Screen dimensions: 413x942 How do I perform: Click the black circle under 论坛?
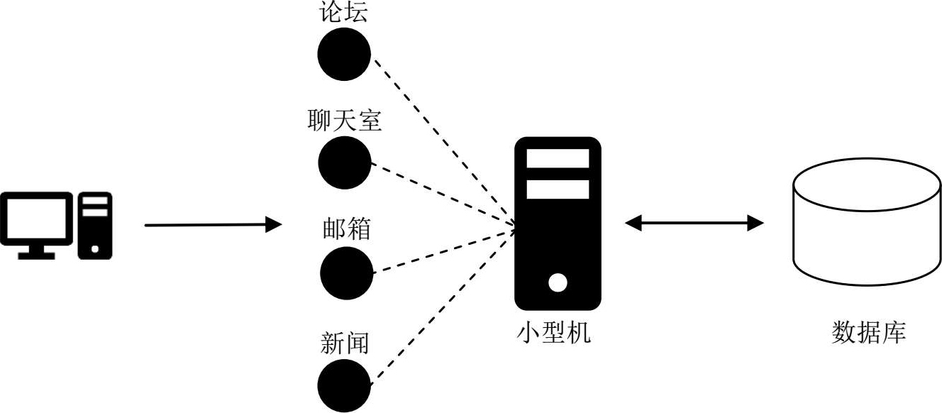pos(344,55)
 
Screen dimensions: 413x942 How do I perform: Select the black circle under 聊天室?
pos(345,164)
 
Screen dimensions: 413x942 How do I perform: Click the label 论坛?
pos(344,12)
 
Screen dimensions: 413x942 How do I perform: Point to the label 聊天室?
pos(345,121)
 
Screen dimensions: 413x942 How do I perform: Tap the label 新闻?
pos(345,343)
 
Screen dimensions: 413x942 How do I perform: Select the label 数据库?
pos(868,332)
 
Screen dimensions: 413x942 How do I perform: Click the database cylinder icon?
pos(867,221)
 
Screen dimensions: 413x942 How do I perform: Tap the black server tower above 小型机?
pos(558,223)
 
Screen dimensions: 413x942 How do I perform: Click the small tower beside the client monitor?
pos(95,225)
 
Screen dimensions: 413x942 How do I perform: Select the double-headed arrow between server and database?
pos(694,224)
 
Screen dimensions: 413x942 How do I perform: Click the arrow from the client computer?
pos(213,226)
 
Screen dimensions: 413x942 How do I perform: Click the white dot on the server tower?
pos(558,283)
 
